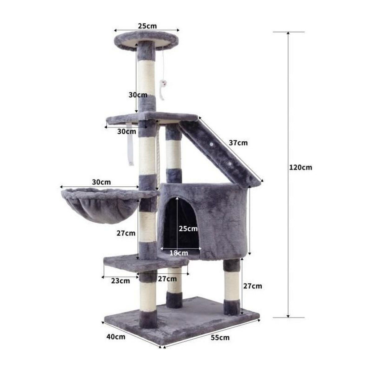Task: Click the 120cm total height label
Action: [x=300, y=167]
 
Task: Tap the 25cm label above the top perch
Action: [x=147, y=26]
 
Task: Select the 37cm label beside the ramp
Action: [x=238, y=143]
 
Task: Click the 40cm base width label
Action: [x=116, y=337]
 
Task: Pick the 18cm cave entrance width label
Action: [x=179, y=253]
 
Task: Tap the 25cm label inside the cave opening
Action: [x=188, y=228]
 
